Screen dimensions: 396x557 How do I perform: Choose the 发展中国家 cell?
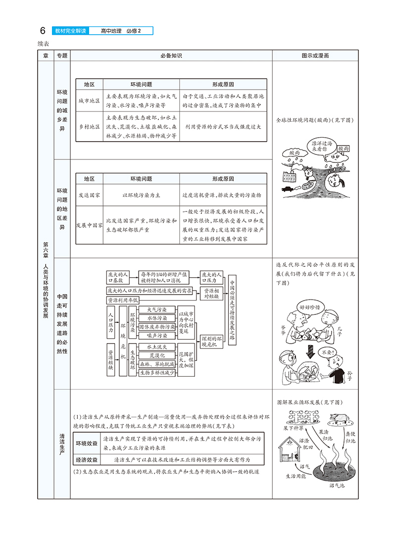point(89,225)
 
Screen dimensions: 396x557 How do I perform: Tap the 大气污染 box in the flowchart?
point(156,309)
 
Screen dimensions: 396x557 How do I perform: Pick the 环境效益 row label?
point(87,443)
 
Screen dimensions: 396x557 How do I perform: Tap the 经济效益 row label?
point(87,460)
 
